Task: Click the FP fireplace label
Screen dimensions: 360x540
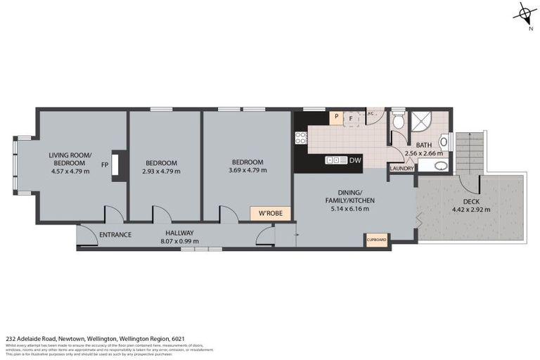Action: pos(104,165)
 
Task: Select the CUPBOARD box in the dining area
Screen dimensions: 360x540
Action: pos(377,240)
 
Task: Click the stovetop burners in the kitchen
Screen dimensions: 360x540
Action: pos(301,139)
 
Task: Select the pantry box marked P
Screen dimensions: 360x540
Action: pos(337,118)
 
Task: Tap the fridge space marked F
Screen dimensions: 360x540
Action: pos(351,118)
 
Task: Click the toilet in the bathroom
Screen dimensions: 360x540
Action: pos(399,122)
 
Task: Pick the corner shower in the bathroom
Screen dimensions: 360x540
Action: pos(424,122)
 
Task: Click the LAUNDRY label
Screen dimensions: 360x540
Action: pos(402,169)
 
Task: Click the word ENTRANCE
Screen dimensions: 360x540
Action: pos(115,234)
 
